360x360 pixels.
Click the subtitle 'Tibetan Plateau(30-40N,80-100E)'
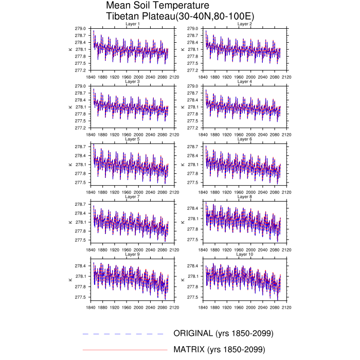point(179,17)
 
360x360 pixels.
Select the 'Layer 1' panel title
point(132,24)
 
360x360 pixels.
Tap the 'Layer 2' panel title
point(244,24)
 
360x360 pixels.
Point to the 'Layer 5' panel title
point(132,139)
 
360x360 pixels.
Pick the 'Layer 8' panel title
point(244,196)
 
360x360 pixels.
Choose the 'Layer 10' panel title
point(244,254)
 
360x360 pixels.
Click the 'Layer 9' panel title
point(132,254)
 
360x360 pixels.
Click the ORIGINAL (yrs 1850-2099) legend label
point(223,333)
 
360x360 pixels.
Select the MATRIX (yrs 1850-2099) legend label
point(219,350)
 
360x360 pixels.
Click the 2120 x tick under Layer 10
point(286,308)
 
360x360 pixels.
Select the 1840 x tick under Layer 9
point(91,308)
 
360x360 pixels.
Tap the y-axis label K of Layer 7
point(70,222)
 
